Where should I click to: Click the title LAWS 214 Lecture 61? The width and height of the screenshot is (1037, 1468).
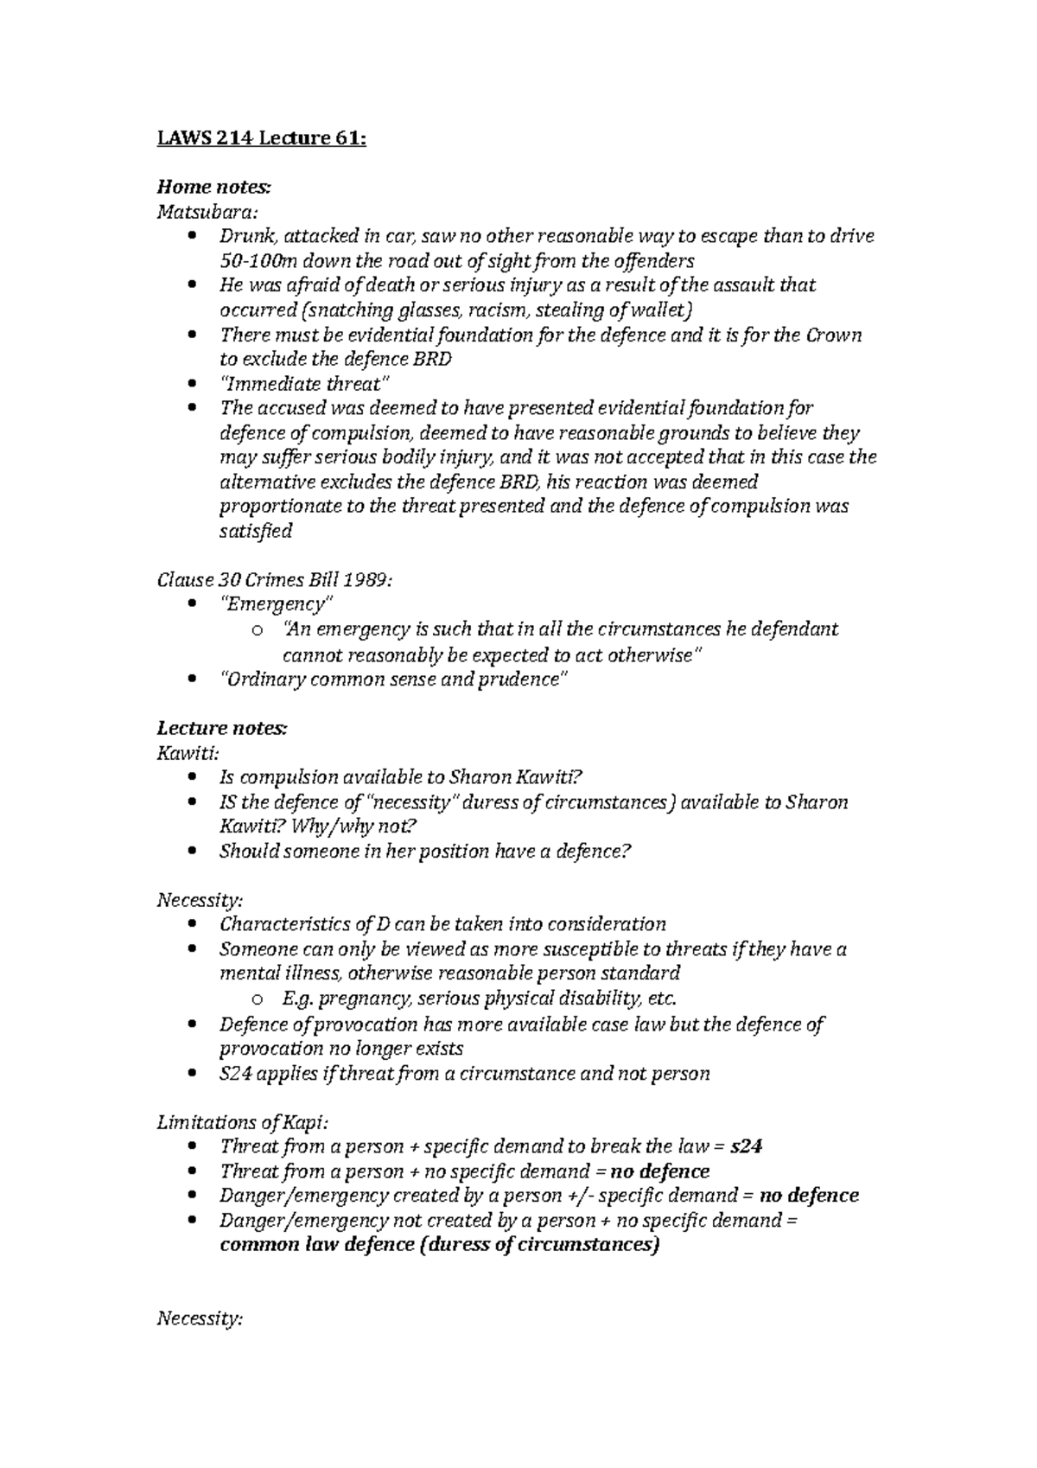point(261,138)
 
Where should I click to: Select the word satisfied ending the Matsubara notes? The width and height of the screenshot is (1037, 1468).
point(256,531)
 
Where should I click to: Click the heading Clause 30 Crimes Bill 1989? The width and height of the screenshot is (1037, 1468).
point(274,580)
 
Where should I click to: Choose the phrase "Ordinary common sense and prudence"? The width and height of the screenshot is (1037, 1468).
point(394,680)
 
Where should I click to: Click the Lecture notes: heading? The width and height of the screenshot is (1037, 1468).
point(221,729)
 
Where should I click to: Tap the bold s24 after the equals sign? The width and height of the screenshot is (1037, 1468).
point(746,1146)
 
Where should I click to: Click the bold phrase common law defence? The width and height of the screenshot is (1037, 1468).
point(316,1245)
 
